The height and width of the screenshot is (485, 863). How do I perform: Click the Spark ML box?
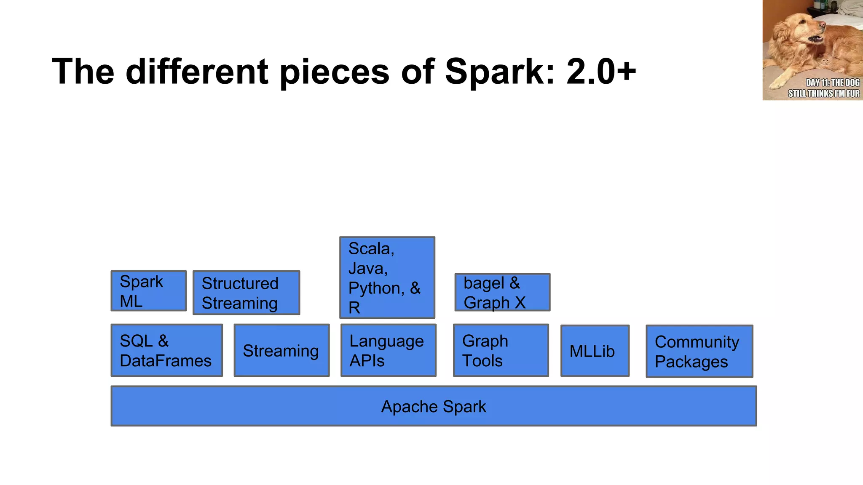coord(148,291)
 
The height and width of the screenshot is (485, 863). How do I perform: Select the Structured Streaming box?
coord(246,293)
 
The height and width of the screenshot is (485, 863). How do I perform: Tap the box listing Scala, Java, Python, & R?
coord(387,277)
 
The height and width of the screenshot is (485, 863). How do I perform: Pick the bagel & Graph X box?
coord(502,293)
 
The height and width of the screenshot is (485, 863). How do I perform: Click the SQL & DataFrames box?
coord(166,350)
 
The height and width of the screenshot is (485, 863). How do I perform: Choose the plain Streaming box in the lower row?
coord(281,350)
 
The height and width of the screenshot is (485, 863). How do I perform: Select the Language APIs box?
coord(388,350)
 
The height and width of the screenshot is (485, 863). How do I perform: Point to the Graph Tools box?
coord(501,350)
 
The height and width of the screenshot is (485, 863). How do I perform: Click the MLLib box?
coord(595,351)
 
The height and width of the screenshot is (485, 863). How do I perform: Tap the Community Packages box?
coord(699,351)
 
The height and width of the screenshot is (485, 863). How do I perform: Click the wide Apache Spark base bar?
coord(434,406)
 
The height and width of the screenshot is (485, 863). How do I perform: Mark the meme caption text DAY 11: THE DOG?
coord(832,83)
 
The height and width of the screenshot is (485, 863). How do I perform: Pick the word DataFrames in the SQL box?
coord(166,361)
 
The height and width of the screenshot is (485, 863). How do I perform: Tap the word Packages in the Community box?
coord(691,362)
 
